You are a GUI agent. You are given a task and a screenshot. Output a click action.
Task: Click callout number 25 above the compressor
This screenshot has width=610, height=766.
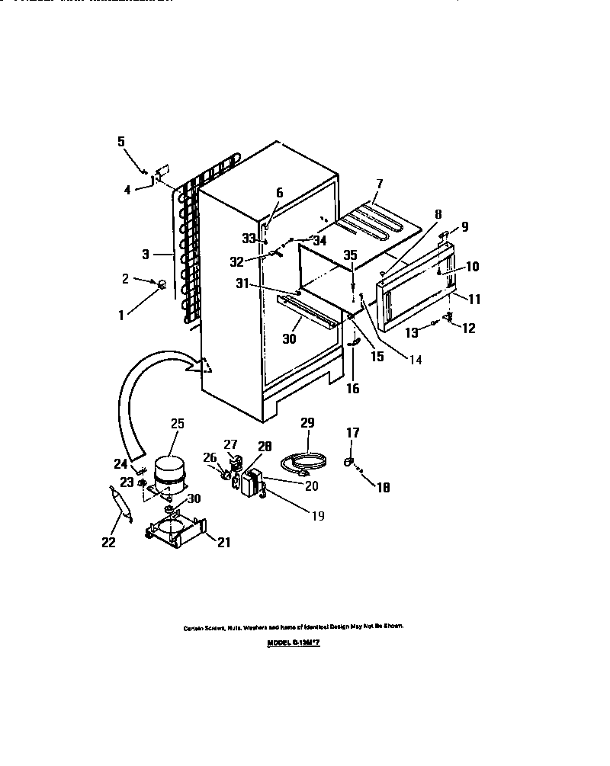click(x=177, y=424)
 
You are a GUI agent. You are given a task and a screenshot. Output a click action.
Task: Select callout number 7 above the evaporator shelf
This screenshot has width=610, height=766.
click(x=379, y=184)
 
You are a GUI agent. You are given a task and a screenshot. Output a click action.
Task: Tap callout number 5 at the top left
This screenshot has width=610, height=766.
click(x=120, y=140)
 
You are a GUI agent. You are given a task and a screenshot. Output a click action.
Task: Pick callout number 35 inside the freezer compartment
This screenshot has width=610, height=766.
click(x=350, y=256)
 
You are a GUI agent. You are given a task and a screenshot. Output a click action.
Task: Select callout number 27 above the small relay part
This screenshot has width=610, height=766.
click(x=230, y=444)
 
